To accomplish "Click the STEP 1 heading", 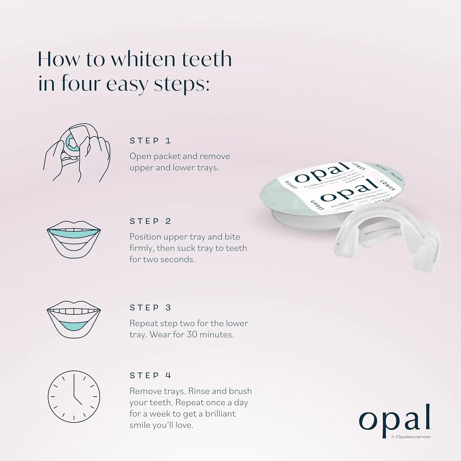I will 150,141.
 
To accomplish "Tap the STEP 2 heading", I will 150,221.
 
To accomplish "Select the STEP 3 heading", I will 150,308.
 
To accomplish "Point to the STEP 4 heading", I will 150,376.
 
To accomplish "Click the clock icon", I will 74,396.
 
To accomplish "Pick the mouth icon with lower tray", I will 74,320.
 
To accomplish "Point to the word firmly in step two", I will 142,248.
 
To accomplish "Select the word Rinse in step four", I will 199,391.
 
